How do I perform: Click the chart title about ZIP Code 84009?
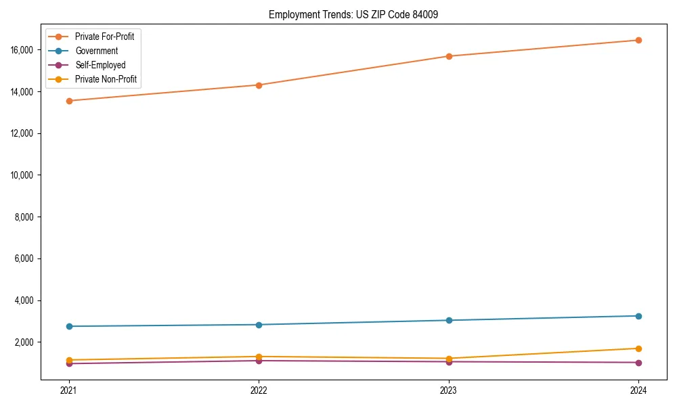[353, 14]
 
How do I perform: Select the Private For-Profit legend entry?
[104, 37]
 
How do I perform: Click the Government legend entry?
[96, 51]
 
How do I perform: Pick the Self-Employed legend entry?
[100, 65]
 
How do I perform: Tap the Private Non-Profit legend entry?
[106, 79]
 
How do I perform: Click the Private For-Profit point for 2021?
[68, 101]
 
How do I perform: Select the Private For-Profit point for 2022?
[259, 85]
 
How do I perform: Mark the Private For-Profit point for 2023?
[449, 56]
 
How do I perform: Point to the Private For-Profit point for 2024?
[638, 40]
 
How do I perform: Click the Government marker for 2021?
[68, 326]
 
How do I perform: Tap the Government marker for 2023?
[449, 320]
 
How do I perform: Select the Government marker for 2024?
[638, 316]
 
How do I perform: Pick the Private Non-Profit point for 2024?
[638, 348]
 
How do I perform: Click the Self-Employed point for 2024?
[638, 363]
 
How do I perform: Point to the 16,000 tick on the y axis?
[24, 50]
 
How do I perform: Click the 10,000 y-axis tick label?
[24, 175]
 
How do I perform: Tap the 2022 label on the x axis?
[259, 390]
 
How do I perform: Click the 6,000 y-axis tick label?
[26, 258]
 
